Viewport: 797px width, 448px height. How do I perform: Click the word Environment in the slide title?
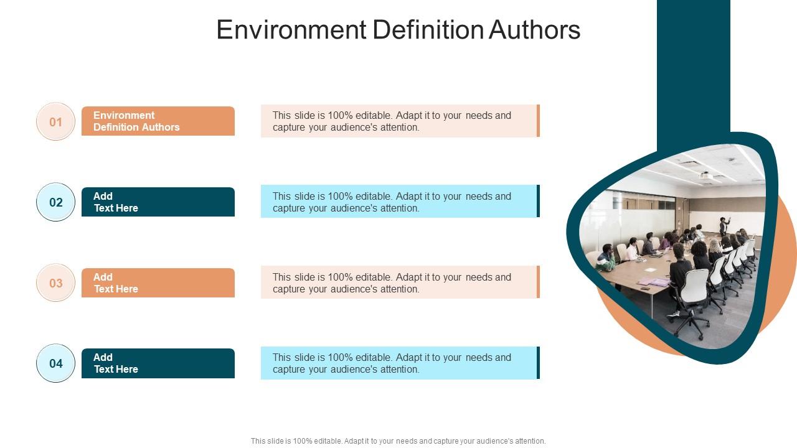pyautogui.click(x=291, y=30)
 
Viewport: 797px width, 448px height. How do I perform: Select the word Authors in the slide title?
pyautogui.click(x=534, y=30)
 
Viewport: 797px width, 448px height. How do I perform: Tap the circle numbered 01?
pyautogui.click(x=56, y=122)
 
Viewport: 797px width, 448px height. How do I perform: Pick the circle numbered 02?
pyautogui.click(x=56, y=202)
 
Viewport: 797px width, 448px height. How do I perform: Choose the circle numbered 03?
pyautogui.click(x=56, y=283)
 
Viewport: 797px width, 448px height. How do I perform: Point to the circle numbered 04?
pyautogui.click(x=56, y=363)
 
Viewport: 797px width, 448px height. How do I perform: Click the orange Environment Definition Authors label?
pyautogui.click(x=158, y=121)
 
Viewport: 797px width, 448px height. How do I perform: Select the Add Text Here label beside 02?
pyautogui.click(x=158, y=202)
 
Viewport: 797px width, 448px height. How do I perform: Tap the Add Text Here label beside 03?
pyautogui.click(x=158, y=283)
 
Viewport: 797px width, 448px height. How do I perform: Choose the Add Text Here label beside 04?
pyautogui.click(x=158, y=363)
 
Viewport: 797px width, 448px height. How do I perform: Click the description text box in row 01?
pyautogui.click(x=398, y=121)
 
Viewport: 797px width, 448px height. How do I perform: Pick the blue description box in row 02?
pyautogui.click(x=398, y=202)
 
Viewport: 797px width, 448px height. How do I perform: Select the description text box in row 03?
pyautogui.click(x=398, y=282)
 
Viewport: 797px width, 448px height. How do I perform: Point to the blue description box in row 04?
pyautogui.click(x=398, y=363)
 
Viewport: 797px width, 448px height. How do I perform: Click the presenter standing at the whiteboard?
pyautogui.click(x=724, y=225)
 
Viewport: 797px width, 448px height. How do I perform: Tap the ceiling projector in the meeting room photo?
pyautogui.click(x=706, y=176)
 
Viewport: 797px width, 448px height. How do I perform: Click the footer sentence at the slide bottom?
pyautogui.click(x=398, y=441)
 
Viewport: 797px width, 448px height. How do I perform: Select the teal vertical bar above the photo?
pyautogui.click(x=693, y=68)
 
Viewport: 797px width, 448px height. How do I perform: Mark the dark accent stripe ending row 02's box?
pyautogui.click(x=538, y=201)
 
